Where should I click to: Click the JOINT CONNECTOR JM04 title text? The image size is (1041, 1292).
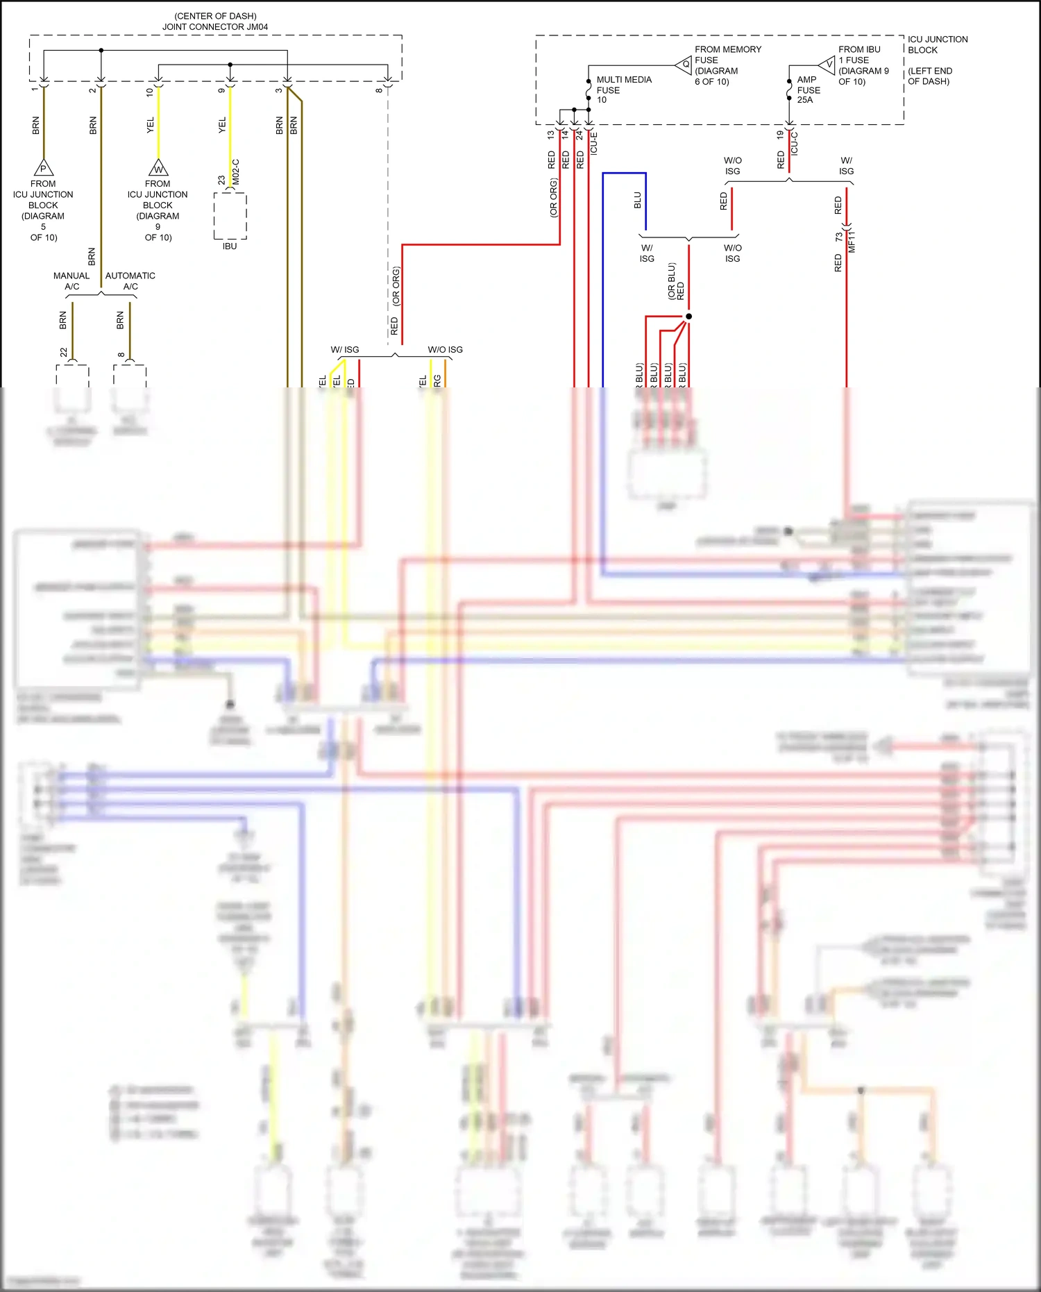point(215,26)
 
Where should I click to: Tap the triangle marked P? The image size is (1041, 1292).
point(44,168)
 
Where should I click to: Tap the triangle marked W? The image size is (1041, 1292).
point(158,168)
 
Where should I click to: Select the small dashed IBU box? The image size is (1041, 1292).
point(230,216)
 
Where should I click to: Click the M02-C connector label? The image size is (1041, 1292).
point(236,172)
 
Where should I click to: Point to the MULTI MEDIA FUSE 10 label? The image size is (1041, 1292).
point(623,90)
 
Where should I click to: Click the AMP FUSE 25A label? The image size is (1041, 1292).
point(809,90)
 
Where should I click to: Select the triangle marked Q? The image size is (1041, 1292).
point(685,65)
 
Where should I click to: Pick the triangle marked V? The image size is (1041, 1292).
point(828,65)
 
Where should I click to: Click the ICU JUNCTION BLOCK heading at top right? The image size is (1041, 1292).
point(937,44)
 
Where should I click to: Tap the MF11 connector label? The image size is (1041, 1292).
point(852,241)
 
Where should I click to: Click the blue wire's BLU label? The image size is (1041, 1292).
point(638,201)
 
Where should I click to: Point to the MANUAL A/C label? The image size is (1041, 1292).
point(71,281)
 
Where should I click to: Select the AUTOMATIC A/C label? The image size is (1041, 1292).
point(130,281)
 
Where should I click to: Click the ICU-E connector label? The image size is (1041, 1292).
point(594,143)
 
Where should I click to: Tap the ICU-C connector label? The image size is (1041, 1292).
point(795,143)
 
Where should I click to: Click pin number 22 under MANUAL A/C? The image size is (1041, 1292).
point(64,353)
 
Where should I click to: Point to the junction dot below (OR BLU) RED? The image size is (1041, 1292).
point(688,317)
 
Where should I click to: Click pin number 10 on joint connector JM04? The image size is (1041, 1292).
point(149,92)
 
